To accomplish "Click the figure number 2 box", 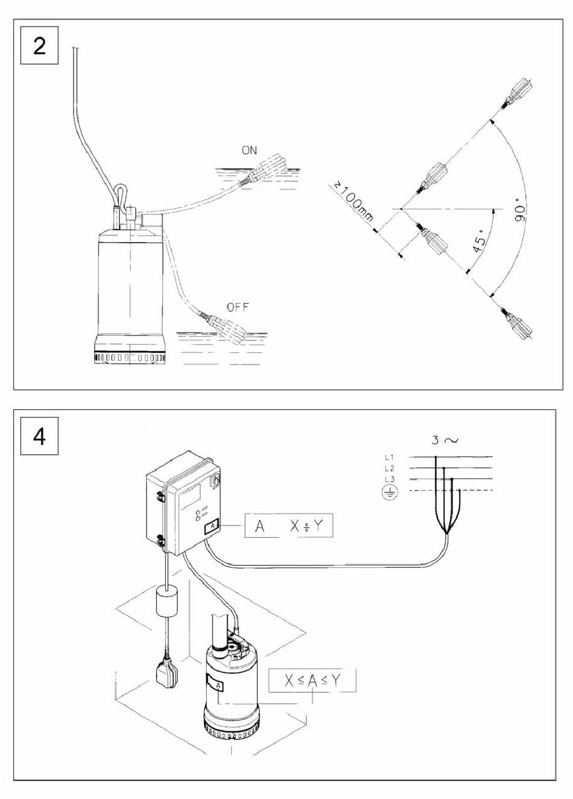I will point(39,45).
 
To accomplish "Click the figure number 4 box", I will point(39,436).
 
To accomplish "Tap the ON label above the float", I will point(249,151).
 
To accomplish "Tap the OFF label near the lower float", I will point(237,307).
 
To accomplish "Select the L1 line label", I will point(390,457).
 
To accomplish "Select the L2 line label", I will point(390,468).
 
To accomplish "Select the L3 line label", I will point(390,479).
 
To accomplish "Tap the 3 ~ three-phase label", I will point(444,440).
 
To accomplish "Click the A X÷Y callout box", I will point(289,526).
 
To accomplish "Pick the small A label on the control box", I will point(213,527).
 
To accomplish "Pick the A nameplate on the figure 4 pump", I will point(216,685).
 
